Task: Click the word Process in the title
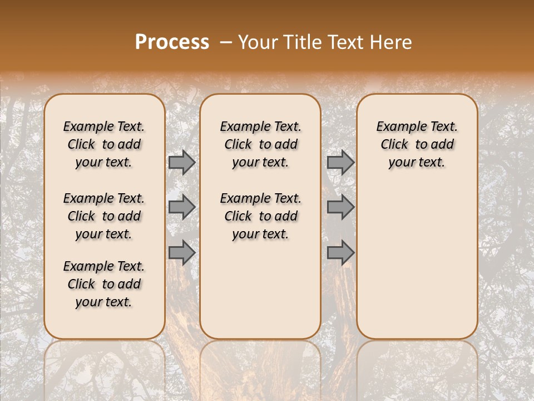(172, 42)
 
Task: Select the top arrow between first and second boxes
(181, 163)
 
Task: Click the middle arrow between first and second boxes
(181, 207)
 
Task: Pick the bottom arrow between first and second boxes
(181, 252)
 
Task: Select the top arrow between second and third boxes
(340, 163)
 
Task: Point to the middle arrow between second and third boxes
(340, 207)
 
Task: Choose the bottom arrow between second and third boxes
(340, 253)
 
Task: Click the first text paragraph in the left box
(104, 144)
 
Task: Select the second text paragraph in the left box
(104, 216)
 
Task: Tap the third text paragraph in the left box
(104, 284)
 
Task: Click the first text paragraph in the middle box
(261, 144)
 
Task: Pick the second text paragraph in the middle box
(261, 216)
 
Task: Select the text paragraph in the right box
(417, 144)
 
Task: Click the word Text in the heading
(345, 42)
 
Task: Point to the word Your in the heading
(257, 42)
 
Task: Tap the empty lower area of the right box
(417, 262)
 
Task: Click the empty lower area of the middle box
(260, 290)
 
